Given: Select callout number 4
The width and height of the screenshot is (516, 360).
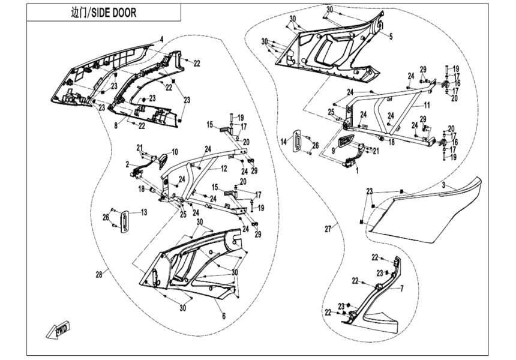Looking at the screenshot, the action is [161, 39].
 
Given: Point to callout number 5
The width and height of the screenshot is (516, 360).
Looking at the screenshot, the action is [391, 36].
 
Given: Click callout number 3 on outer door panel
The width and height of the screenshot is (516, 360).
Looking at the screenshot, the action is [443, 185].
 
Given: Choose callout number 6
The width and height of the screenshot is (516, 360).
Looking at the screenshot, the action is [224, 316].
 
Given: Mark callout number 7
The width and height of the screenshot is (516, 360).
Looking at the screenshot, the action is [401, 289].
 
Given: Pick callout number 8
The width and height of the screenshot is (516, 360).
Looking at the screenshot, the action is [116, 125].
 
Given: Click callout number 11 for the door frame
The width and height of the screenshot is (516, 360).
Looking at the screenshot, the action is [427, 106].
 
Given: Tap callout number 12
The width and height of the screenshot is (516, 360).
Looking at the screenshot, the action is [224, 169].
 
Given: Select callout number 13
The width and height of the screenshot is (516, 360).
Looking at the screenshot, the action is [144, 212].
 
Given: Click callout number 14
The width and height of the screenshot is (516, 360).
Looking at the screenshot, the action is [284, 142].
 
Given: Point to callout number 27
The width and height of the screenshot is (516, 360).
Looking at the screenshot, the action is [328, 229].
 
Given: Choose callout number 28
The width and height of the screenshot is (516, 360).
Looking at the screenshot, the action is [99, 274].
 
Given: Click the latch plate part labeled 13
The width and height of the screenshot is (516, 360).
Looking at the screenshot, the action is [125, 220].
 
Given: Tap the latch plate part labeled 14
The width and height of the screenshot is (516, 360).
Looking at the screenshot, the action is [298, 140].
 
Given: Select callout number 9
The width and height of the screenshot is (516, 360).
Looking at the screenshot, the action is [333, 151].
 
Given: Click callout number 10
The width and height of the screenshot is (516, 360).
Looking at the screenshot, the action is [175, 152].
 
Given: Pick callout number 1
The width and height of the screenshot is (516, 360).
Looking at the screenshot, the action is [358, 170].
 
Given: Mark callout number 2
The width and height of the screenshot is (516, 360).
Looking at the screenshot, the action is [127, 164].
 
